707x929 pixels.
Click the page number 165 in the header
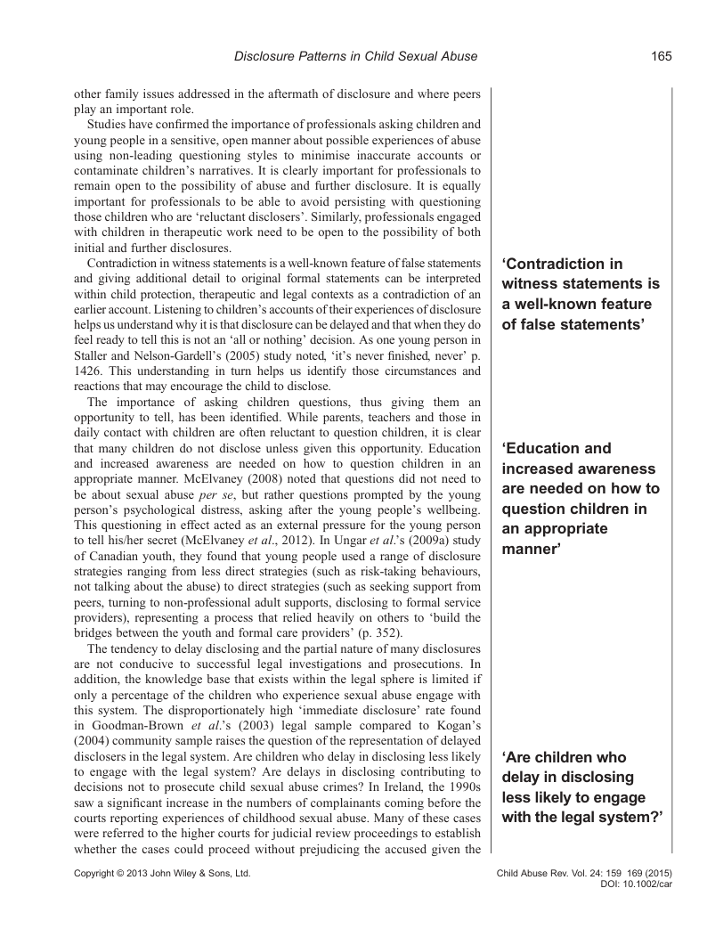(661, 57)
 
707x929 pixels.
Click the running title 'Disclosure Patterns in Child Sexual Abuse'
(355, 57)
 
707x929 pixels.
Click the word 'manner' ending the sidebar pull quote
(531, 550)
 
